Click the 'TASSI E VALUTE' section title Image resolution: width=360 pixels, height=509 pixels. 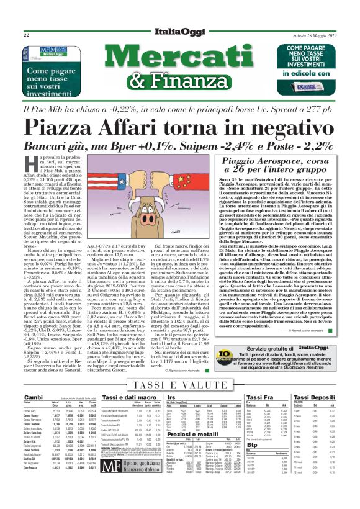pos(179,385)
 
